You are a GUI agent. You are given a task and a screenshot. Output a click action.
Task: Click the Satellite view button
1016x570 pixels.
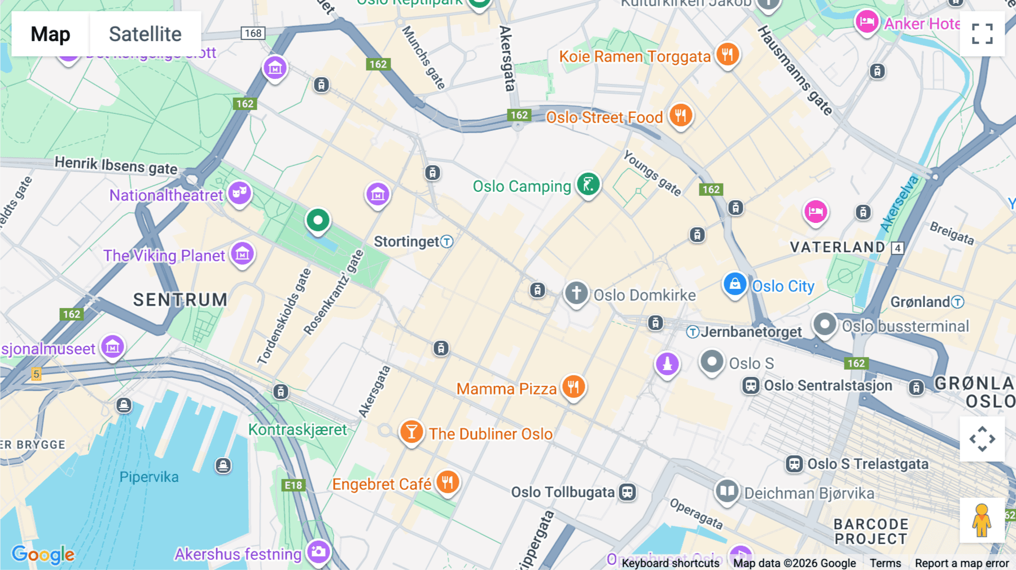point(145,34)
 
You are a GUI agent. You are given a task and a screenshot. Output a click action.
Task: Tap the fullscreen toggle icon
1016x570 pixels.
point(982,34)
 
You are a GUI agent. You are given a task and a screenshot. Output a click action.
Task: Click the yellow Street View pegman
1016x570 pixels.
point(982,520)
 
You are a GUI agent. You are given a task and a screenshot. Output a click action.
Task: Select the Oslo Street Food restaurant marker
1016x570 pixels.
point(681,115)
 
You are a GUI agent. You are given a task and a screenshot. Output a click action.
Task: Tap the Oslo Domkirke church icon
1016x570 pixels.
point(576,293)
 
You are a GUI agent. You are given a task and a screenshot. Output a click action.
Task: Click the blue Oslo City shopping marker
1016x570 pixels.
point(735,284)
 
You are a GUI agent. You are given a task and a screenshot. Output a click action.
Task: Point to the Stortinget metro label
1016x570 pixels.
point(413,242)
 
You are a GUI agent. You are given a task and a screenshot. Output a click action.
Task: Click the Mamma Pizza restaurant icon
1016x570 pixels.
point(573,387)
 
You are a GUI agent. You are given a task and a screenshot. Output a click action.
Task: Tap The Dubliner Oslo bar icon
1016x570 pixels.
point(411,432)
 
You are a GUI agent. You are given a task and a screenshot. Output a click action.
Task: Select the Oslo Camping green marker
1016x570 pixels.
point(588,185)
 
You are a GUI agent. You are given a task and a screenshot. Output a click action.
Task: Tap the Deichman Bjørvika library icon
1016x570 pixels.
point(727,491)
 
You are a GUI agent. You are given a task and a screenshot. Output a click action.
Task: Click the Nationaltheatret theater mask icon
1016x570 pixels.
point(239,193)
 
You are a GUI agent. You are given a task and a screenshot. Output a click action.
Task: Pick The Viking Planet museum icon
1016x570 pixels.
point(243,254)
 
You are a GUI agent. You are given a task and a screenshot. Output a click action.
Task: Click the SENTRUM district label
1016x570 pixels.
point(180,300)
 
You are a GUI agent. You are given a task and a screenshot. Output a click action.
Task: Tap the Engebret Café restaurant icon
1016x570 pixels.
point(447,483)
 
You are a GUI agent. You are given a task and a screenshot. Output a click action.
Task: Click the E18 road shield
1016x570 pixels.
point(293,485)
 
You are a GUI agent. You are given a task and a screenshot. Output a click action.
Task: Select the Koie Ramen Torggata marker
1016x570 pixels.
point(728,55)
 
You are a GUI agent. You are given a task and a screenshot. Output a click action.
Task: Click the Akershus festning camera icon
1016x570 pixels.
point(318,552)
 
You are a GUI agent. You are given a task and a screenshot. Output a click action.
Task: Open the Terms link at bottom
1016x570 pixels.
point(885,563)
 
